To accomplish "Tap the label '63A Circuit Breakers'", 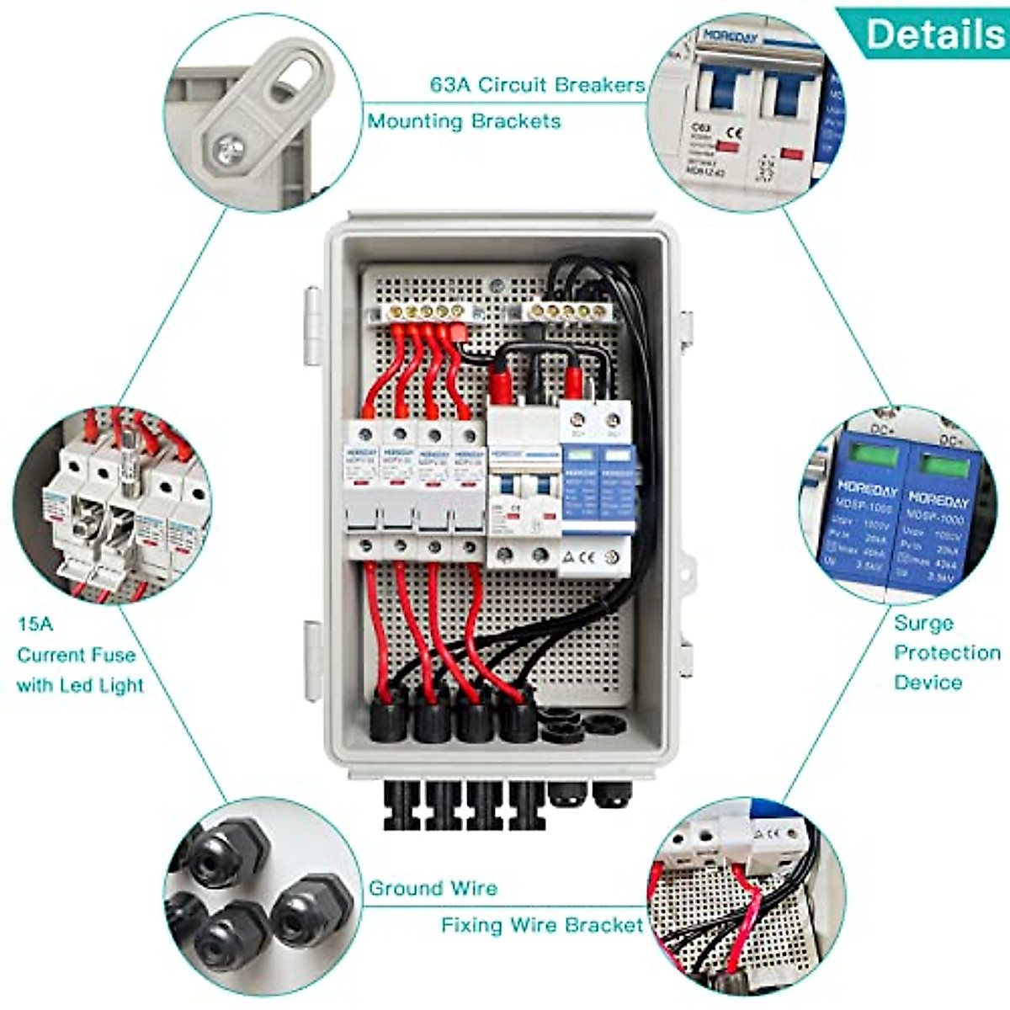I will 537,85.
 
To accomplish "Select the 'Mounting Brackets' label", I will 464,121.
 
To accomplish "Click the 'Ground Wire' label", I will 433,889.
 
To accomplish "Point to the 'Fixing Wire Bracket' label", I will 542,926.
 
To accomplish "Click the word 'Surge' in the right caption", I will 923,624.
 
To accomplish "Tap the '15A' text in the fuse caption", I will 35,625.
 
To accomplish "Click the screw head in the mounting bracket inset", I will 229,151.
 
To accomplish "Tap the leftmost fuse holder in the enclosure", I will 364,488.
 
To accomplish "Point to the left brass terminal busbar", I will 426,312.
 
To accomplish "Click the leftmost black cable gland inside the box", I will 389,720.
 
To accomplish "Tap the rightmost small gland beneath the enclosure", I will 613,795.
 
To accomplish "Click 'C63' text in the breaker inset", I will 700,129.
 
